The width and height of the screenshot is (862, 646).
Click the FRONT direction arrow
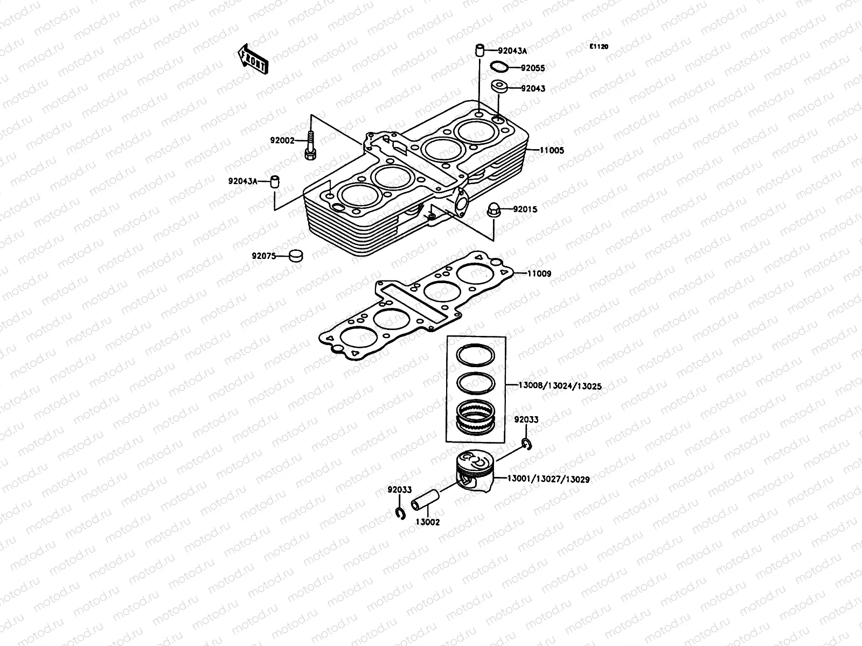pos(252,59)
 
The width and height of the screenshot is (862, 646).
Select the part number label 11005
pos(552,151)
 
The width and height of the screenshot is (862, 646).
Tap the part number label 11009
pos(539,273)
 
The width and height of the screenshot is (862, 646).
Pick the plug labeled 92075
pos(295,255)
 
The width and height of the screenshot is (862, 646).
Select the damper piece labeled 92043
pos(499,87)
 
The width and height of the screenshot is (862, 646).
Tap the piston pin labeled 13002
pos(424,500)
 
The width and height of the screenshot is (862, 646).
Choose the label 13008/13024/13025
pos(560,386)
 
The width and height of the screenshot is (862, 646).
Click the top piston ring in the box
pos(476,355)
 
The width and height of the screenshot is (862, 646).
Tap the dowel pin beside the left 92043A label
pos(276,181)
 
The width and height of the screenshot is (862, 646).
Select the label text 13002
pos(427,522)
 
